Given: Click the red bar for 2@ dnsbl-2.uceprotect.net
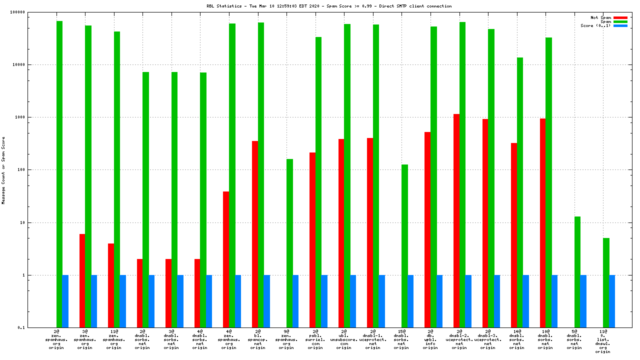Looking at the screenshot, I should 456,220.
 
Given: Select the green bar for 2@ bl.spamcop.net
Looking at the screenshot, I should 261,175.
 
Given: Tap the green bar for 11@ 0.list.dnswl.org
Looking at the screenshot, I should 606,282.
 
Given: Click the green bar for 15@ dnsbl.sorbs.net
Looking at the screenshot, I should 404,245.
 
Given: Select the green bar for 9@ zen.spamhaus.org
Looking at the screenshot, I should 289,243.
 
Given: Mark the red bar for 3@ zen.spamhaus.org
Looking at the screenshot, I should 82,280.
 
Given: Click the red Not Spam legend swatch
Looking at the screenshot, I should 620,17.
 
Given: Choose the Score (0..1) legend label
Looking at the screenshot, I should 595,25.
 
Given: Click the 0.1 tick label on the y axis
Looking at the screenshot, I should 35,327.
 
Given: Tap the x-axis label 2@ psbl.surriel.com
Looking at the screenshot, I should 315,339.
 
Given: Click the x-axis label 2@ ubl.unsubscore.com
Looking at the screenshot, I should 343,339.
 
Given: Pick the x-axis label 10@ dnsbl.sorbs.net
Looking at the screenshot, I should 545,339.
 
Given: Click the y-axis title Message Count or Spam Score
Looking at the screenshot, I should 3,170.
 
